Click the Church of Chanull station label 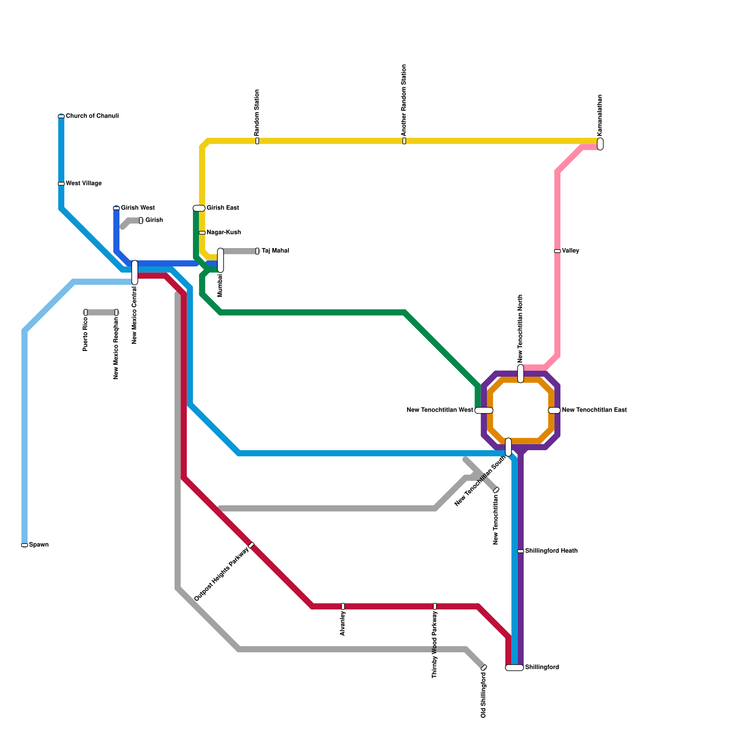[x=92, y=116]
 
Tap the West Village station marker [x=61, y=184]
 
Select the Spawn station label [x=39, y=545]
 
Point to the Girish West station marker [x=116, y=208]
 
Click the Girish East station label [x=222, y=208]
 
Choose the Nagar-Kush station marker [x=202, y=232]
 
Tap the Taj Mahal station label [x=275, y=251]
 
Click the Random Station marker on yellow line [x=257, y=141]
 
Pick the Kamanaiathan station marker [x=600, y=144]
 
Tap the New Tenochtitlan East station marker [x=554, y=410]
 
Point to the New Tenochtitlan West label [x=440, y=410]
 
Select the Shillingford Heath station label [x=551, y=551]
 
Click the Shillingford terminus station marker [x=514, y=667]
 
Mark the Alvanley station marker [x=343, y=606]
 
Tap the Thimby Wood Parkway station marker [x=435, y=606]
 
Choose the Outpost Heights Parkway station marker [x=251, y=545]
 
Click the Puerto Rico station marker [x=85, y=312]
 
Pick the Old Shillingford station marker [x=484, y=667]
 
